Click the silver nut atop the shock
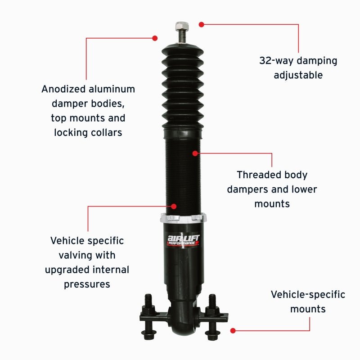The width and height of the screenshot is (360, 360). [x=182, y=25]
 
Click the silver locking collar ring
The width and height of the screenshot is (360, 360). [x=184, y=219]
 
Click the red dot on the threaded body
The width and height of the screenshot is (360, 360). [x=195, y=153]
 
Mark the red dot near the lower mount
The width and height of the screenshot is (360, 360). [x=233, y=330]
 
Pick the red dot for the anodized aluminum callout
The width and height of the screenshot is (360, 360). [x=155, y=38]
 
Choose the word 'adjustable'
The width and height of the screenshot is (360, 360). [x=298, y=75]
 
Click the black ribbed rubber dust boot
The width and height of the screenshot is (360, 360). [x=183, y=85]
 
